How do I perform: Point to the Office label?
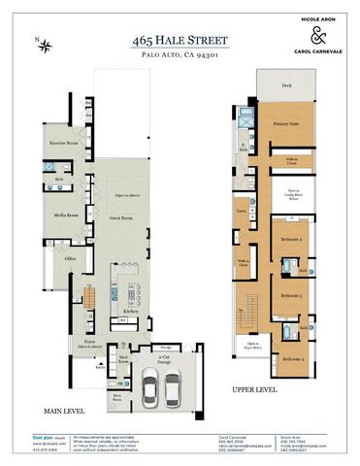tap(70, 258)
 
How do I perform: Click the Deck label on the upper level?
tap(285, 86)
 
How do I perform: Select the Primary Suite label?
tap(284, 124)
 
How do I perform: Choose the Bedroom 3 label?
tap(290, 295)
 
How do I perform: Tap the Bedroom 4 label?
tap(293, 358)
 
